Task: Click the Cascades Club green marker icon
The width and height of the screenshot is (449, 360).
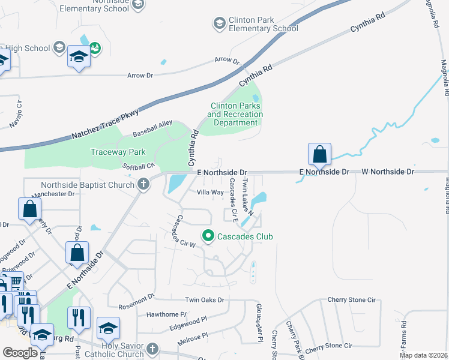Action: (x=208, y=236)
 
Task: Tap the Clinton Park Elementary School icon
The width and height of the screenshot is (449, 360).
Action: (x=219, y=23)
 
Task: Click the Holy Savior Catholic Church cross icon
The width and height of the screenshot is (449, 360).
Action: (x=152, y=349)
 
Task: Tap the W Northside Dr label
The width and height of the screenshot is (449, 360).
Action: (x=388, y=172)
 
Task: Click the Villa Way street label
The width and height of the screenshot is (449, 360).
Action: (x=211, y=193)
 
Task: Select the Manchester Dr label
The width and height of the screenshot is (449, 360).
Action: (x=53, y=194)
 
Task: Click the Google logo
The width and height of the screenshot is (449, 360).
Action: (x=20, y=353)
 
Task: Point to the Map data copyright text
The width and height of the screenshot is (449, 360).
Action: (x=423, y=355)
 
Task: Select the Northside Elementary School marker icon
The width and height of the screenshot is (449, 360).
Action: (x=138, y=5)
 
